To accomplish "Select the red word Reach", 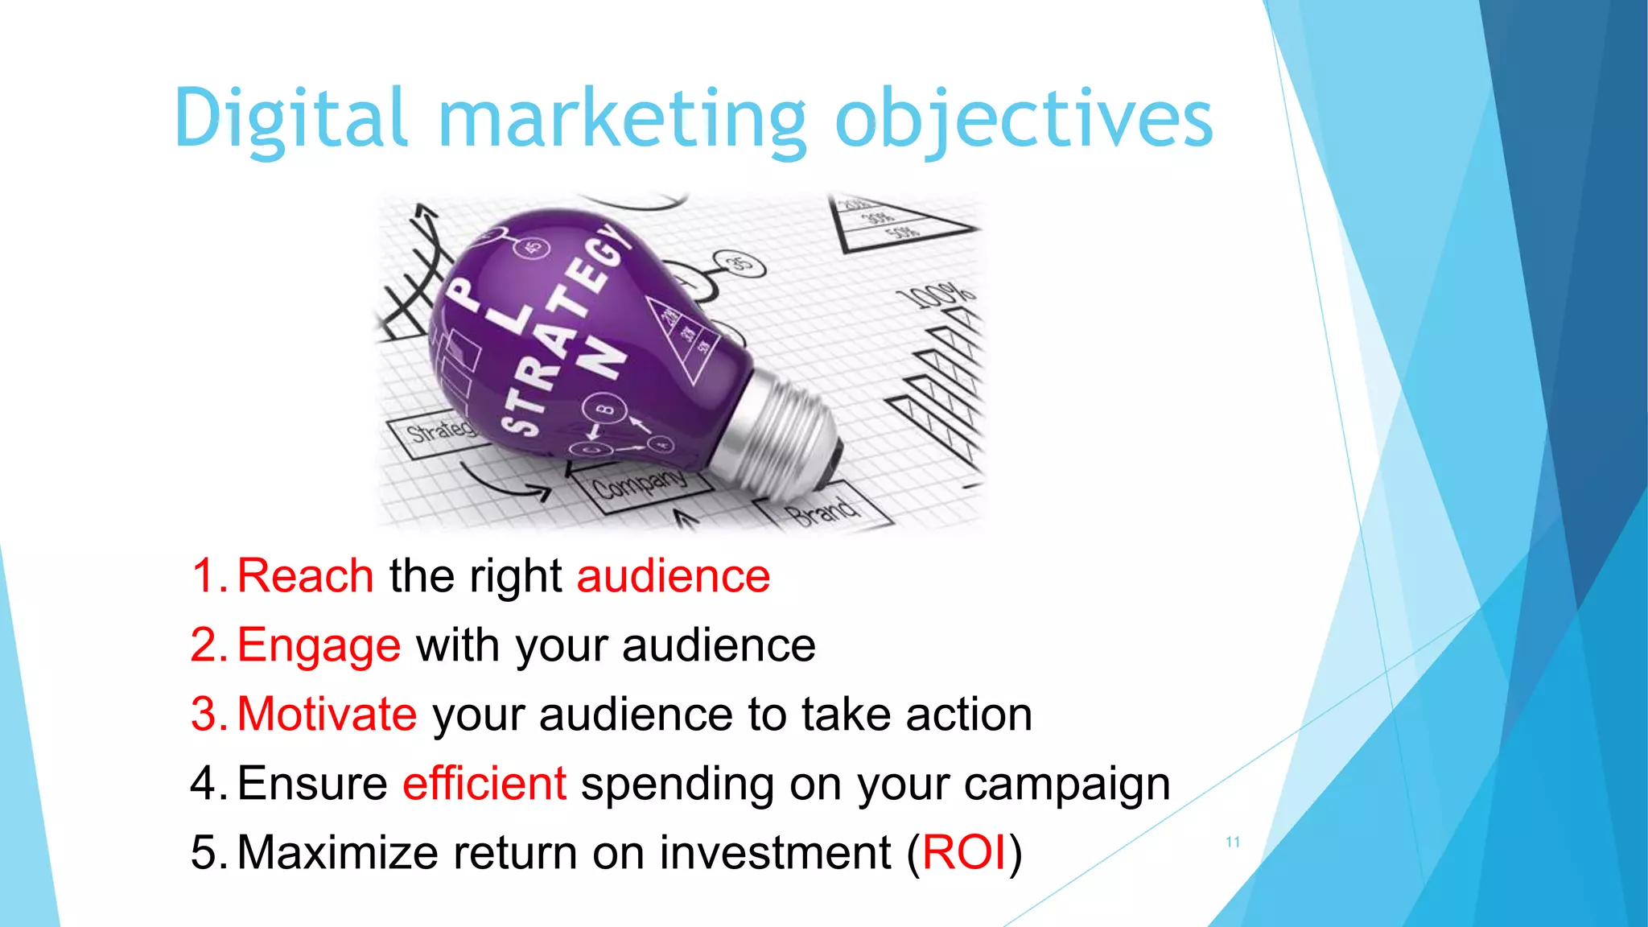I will pyautogui.click(x=306, y=576).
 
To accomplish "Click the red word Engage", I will pyautogui.click(x=319, y=645).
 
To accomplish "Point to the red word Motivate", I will pyautogui.click(x=327, y=715).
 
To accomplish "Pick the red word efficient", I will pyautogui.click(x=484, y=784).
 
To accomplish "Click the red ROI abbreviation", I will pyautogui.click(x=964, y=853).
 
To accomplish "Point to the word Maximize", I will pyautogui.click(x=338, y=853).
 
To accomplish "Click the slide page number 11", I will pyautogui.click(x=1233, y=842).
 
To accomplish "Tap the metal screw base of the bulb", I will pyautogui.click(x=785, y=435).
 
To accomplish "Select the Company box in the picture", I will pyautogui.click(x=641, y=484).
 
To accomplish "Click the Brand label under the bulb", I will pyautogui.click(x=822, y=511).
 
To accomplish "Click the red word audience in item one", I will pyautogui.click(x=674, y=576).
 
